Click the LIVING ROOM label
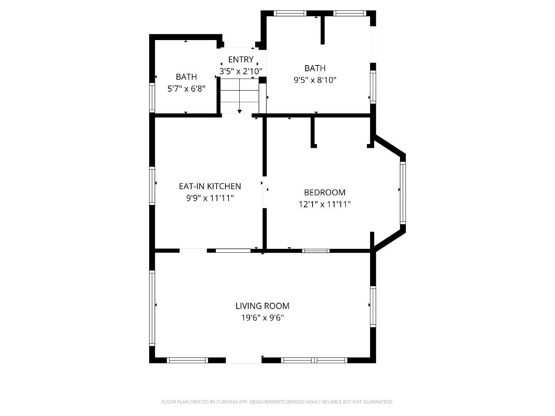point(262,306)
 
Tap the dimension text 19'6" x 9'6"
point(262,318)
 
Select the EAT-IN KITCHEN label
point(210,186)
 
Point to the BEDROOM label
point(325,192)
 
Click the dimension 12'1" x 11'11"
point(325,204)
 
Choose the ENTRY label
point(240,59)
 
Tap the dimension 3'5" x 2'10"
point(240,71)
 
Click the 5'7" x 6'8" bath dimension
point(186,89)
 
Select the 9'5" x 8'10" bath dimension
point(315,80)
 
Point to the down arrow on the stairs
point(239,111)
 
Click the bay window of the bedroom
point(403,193)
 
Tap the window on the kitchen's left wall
point(152,185)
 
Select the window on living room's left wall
point(152,308)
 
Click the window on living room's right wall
point(373,307)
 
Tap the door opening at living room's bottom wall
point(244,361)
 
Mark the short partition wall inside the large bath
point(323,30)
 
